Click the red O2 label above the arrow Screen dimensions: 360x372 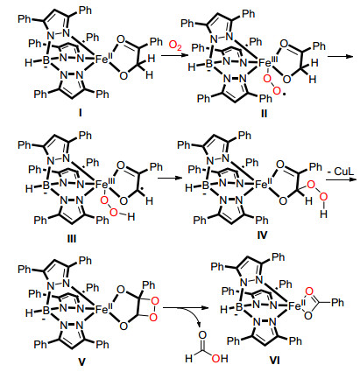pos(175,46)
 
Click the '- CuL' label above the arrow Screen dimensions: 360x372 pos(340,172)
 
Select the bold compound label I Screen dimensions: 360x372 pos(80,113)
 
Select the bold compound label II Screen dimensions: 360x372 pos(264,113)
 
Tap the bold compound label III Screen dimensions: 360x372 pos(72,239)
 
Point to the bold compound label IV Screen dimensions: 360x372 pos(262,235)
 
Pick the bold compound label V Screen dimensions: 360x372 pos(81,362)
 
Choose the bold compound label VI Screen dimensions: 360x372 pos(274,361)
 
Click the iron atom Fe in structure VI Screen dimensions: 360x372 pos(295,305)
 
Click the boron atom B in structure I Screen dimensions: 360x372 pos(46,60)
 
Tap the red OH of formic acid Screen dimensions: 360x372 pos(220,358)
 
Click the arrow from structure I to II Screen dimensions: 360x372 pos(173,56)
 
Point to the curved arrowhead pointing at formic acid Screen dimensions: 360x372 pos(200,324)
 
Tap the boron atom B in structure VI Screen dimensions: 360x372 pos(239,307)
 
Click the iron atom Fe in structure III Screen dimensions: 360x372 pos(102,184)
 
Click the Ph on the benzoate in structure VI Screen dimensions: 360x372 pos(337,303)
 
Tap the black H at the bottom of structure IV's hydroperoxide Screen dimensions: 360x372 pos(323,214)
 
